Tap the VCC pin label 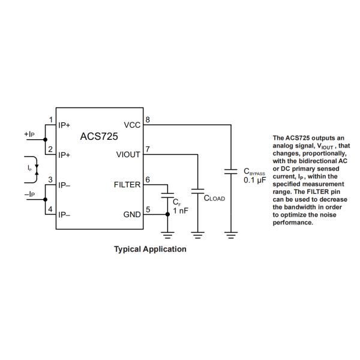point(132,125)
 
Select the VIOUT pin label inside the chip point(128,155)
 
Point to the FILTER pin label point(127,185)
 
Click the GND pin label point(132,215)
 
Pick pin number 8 point(148,119)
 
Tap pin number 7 point(148,149)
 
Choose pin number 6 point(148,179)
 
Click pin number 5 point(148,209)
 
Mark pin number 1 point(51,119)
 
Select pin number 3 point(51,179)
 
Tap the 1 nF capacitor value point(181,211)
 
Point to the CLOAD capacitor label point(215,198)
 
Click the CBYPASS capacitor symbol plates point(231,171)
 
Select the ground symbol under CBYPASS point(231,235)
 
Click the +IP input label point(29,134)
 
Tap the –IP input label point(29,194)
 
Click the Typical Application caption point(150,249)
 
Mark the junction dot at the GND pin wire point(168,215)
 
